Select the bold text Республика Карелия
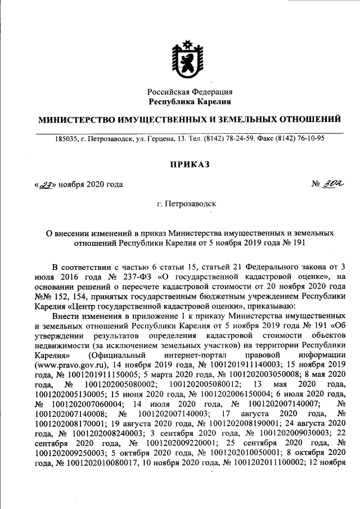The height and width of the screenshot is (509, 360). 190,102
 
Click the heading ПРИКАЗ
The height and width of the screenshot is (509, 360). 190,164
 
